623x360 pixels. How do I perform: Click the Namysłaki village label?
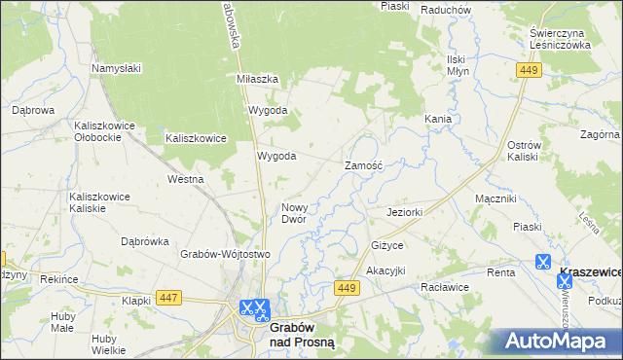pos(117,68)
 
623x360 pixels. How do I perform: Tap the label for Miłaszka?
pos(258,79)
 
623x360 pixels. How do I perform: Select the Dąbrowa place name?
pos(32,111)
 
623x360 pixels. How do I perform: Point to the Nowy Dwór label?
pos(294,213)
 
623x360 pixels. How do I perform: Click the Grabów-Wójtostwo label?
pos(224,254)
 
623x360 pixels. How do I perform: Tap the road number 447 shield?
pos(167,297)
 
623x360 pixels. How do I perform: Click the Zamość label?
pos(365,166)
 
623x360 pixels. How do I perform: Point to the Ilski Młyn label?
pos(458,63)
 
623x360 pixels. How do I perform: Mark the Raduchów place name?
pos(446,9)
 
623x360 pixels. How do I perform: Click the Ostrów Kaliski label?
pos(523,151)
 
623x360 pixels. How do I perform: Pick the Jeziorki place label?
pos(404,212)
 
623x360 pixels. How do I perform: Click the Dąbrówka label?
pos(145,241)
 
